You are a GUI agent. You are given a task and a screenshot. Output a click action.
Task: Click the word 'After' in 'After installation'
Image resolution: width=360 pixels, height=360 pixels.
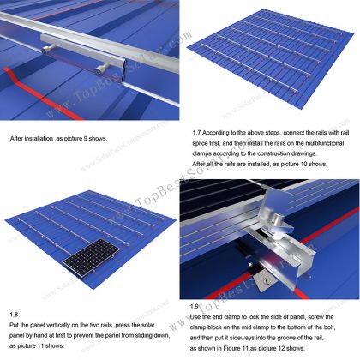pyautogui.click(x=18, y=137)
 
